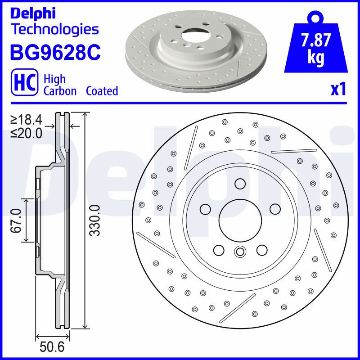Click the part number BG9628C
(55, 52)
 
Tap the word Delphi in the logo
(33, 14)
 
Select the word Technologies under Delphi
(55, 30)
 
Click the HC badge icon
(25, 82)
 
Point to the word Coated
(102, 91)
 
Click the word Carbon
(60, 91)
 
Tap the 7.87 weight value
(316, 40)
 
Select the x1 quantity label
(338, 89)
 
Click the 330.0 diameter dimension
(95, 220)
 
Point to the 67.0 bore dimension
(17, 220)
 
